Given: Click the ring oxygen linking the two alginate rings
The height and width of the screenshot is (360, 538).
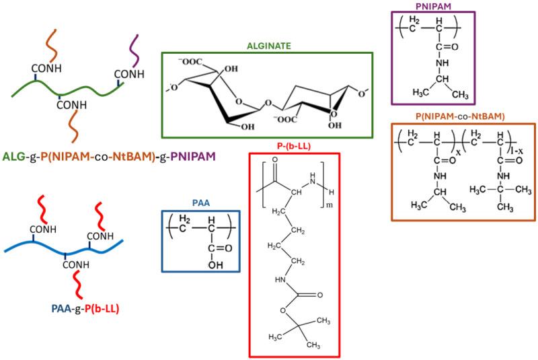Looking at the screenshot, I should click(267, 104).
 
